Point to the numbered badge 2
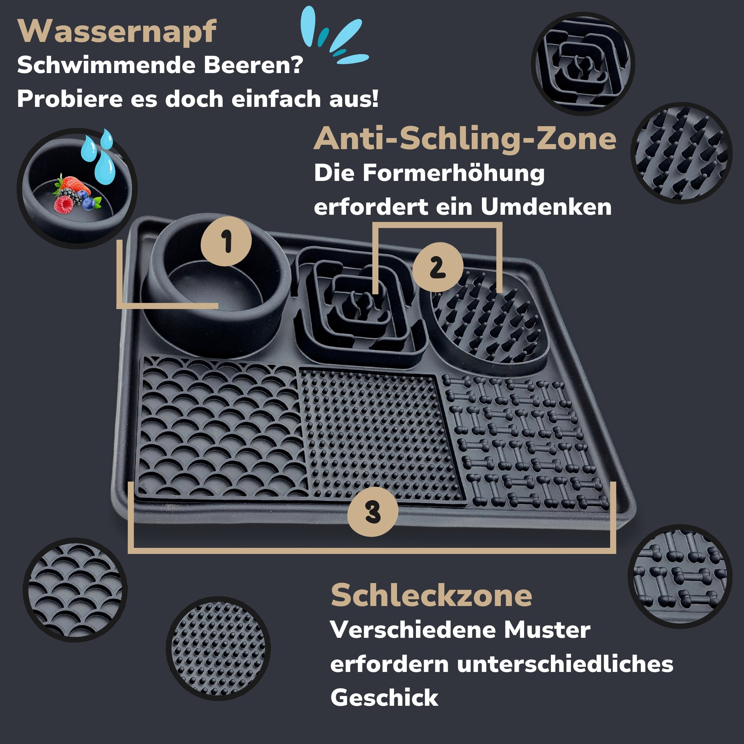pos(438,267)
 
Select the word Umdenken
pos(546,207)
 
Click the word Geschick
pos(384,697)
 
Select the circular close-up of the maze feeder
pos(583,63)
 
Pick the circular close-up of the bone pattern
pos(680,577)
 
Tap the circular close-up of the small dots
pos(218,649)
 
